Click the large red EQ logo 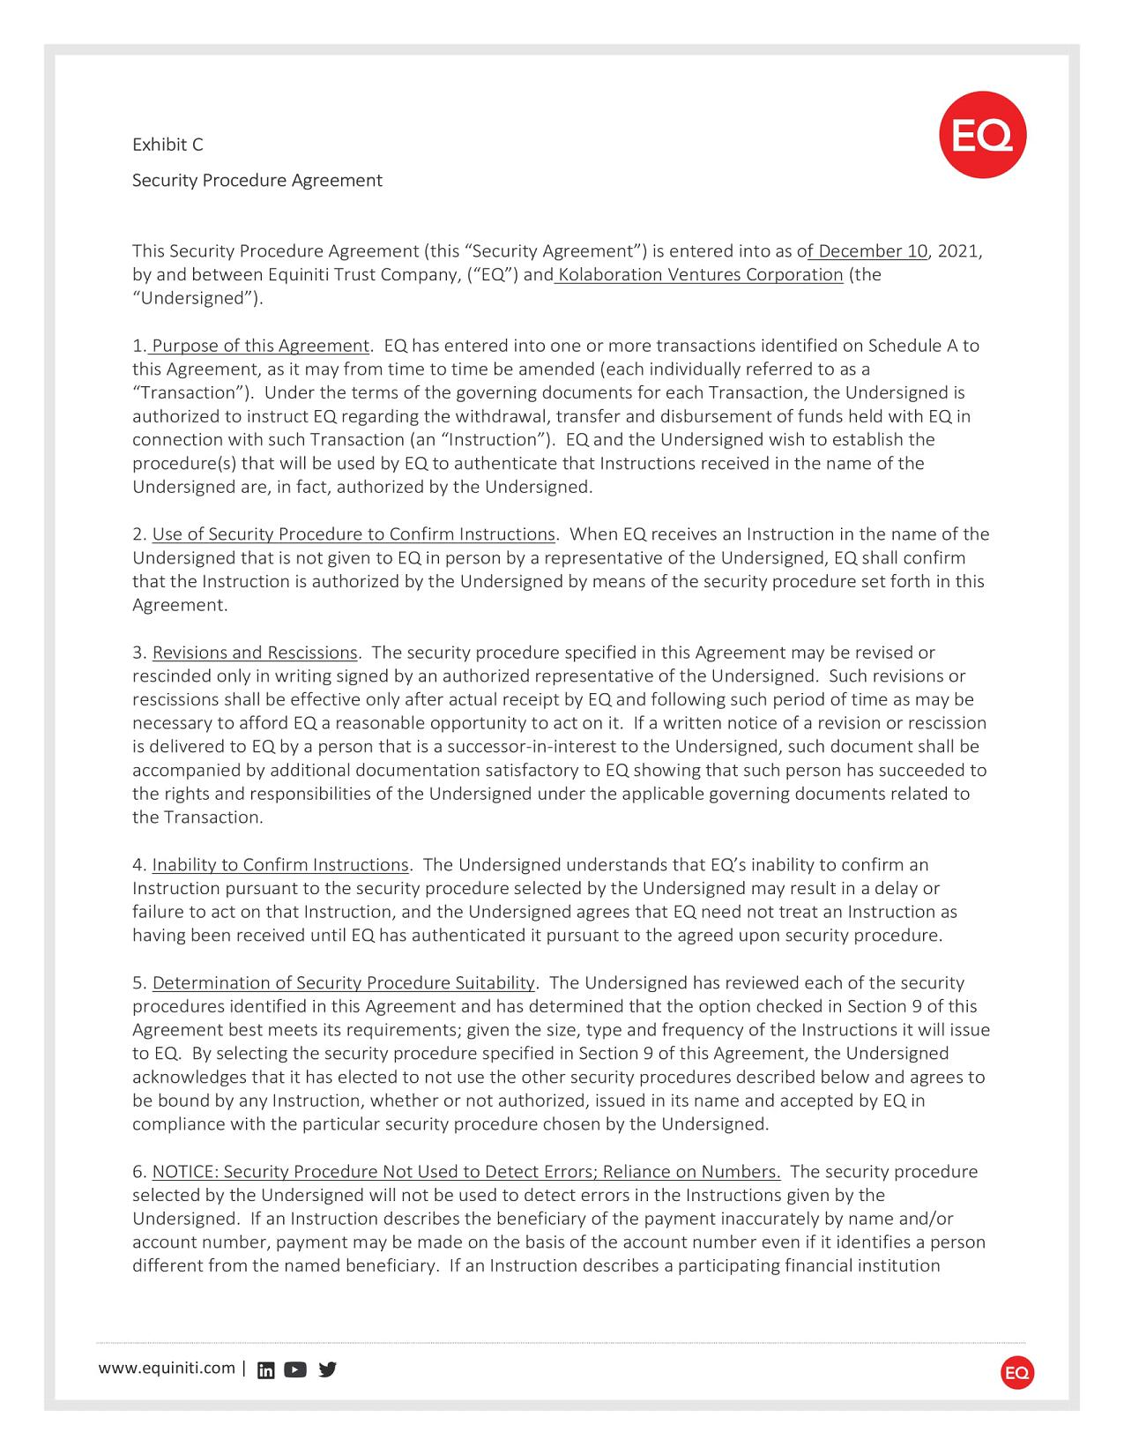982,135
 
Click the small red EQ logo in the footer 1017,1373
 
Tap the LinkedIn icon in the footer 265,1369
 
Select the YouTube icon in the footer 295,1369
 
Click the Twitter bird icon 327,1369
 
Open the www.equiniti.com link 167,1368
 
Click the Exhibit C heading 167,145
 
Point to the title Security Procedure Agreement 257,181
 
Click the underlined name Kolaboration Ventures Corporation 700,274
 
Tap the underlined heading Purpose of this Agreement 260,346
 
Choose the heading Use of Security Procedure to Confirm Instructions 354,534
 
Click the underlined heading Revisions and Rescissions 255,653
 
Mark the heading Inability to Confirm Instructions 280,865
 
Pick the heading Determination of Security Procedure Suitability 344,983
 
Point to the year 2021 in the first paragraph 957,251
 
